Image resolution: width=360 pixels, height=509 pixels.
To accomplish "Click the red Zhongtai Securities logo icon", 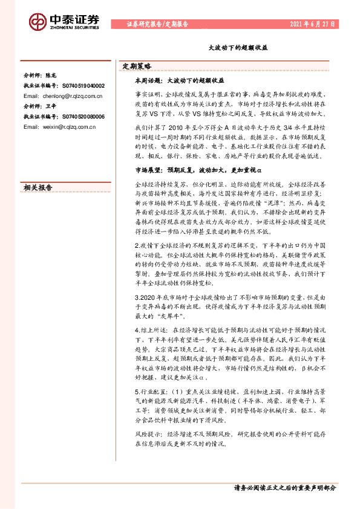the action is [38, 22].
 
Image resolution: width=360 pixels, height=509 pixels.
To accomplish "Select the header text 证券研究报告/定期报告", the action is [158, 25].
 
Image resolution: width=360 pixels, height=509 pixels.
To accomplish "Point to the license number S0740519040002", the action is [80, 86].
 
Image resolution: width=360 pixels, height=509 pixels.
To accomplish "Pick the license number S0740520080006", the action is [80, 117].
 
